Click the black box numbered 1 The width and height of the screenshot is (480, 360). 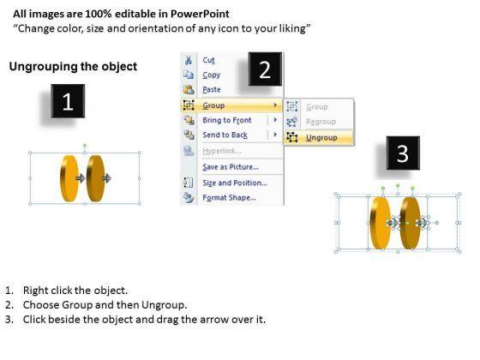(x=68, y=101)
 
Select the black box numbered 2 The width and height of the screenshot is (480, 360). (x=265, y=69)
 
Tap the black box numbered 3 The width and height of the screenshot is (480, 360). (x=403, y=153)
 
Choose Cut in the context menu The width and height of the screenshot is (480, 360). (x=209, y=60)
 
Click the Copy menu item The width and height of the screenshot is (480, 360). (x=211, y=75)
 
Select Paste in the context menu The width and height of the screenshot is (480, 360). (x=212, y=90)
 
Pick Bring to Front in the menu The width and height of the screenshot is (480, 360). (x=227, y=120)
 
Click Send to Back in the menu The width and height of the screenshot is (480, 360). (x=225, y=135)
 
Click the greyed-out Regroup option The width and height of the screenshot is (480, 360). (x=321, y=122)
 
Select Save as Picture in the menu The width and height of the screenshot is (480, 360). (x=231, y=167)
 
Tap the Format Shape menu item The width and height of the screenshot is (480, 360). (x=230, y=198)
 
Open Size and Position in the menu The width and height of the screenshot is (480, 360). (x=235, y=183)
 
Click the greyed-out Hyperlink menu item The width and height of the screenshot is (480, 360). (x=222, y=151)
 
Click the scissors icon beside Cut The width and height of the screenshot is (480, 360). (x=189, y=60)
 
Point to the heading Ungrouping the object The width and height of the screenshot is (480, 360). (x=73, y=67)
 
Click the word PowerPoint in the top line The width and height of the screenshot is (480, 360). (x=200, y=14)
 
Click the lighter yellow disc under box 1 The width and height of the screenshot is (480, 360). (x=69, y=178)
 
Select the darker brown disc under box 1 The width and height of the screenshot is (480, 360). (x=95, y=178)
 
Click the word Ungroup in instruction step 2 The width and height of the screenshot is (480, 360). (x=164, y=305)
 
